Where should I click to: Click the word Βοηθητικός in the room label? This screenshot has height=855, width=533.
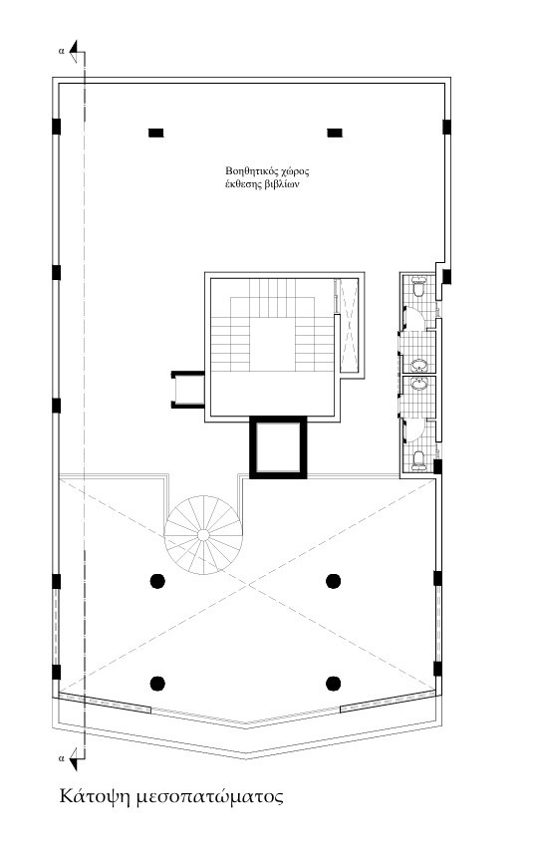[x=251, y=171]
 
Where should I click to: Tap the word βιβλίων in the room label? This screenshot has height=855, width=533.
[x=284, y=184]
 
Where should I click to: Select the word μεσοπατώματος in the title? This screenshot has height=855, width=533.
[x=210, y=796]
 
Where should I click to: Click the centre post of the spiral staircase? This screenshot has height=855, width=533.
[x=202, y=534]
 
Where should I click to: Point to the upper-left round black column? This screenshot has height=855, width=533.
[x=157, y=581]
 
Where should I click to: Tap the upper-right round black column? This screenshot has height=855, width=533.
[x=334, y=581]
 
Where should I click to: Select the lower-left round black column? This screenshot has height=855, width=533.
[x=157, y=683]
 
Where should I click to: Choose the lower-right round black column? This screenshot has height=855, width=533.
[x=334, y=683]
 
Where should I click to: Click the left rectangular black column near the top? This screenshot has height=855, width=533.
[x=155, y=133]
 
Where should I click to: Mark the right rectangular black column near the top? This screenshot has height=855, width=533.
[x=335, y=133]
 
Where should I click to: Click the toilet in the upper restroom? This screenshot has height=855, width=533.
[x=418, y=287]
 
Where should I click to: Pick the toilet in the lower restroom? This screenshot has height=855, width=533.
[x=418, y=459]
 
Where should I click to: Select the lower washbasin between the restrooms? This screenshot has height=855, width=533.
[x=419, y=384]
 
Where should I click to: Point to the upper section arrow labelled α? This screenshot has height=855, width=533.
[x=77, y=51]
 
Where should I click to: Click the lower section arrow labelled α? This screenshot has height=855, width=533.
[x=77, y=758]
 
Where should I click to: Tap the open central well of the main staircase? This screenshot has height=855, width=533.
[x=273, y=345]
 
